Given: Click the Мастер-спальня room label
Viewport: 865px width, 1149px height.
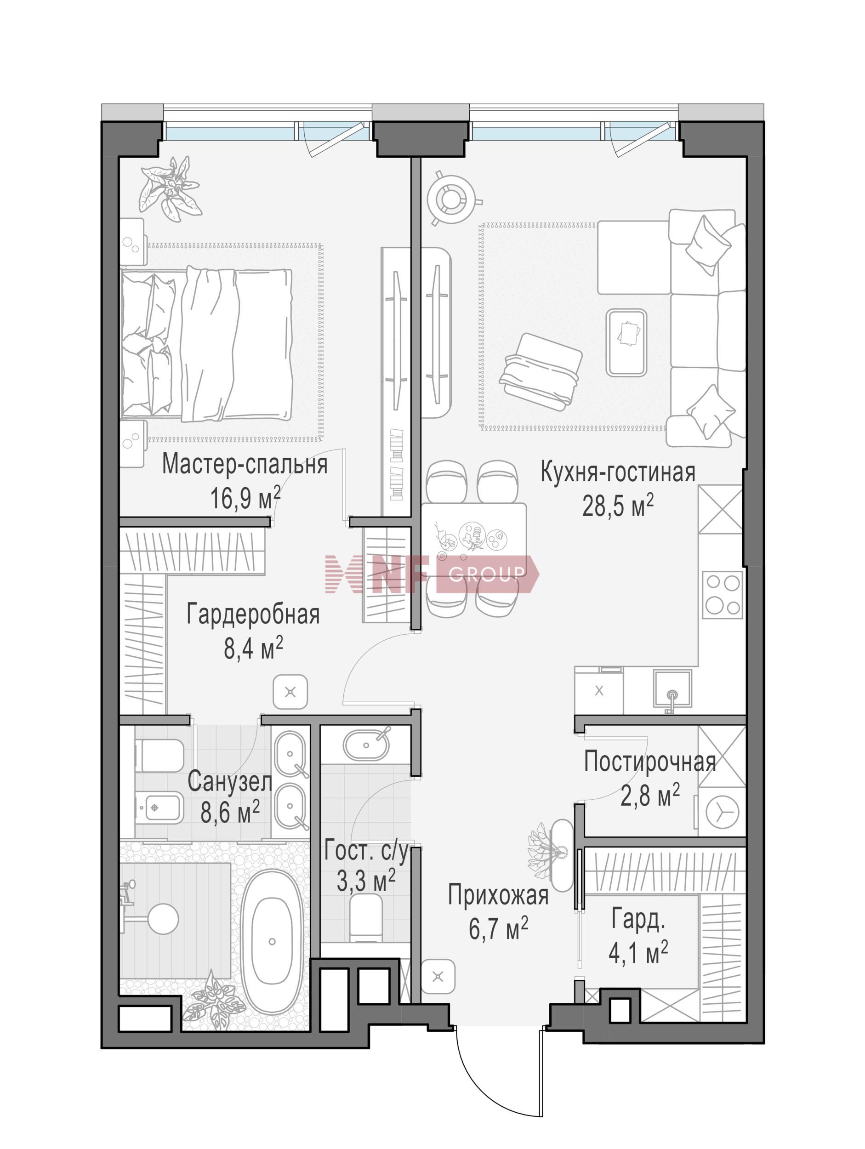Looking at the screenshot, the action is pos(245,464).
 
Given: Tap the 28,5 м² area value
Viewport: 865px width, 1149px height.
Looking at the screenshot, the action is pos(617,505).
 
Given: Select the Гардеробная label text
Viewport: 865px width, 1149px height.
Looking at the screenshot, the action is pos(253,614).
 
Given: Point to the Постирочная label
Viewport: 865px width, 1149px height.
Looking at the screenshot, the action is pos(650,762).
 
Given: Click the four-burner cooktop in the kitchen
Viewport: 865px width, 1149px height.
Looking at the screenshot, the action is pos(722,594).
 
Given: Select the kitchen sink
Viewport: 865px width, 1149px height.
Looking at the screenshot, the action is pos(673,690).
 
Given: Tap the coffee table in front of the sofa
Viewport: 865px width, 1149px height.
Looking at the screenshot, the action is pos(626,343).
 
